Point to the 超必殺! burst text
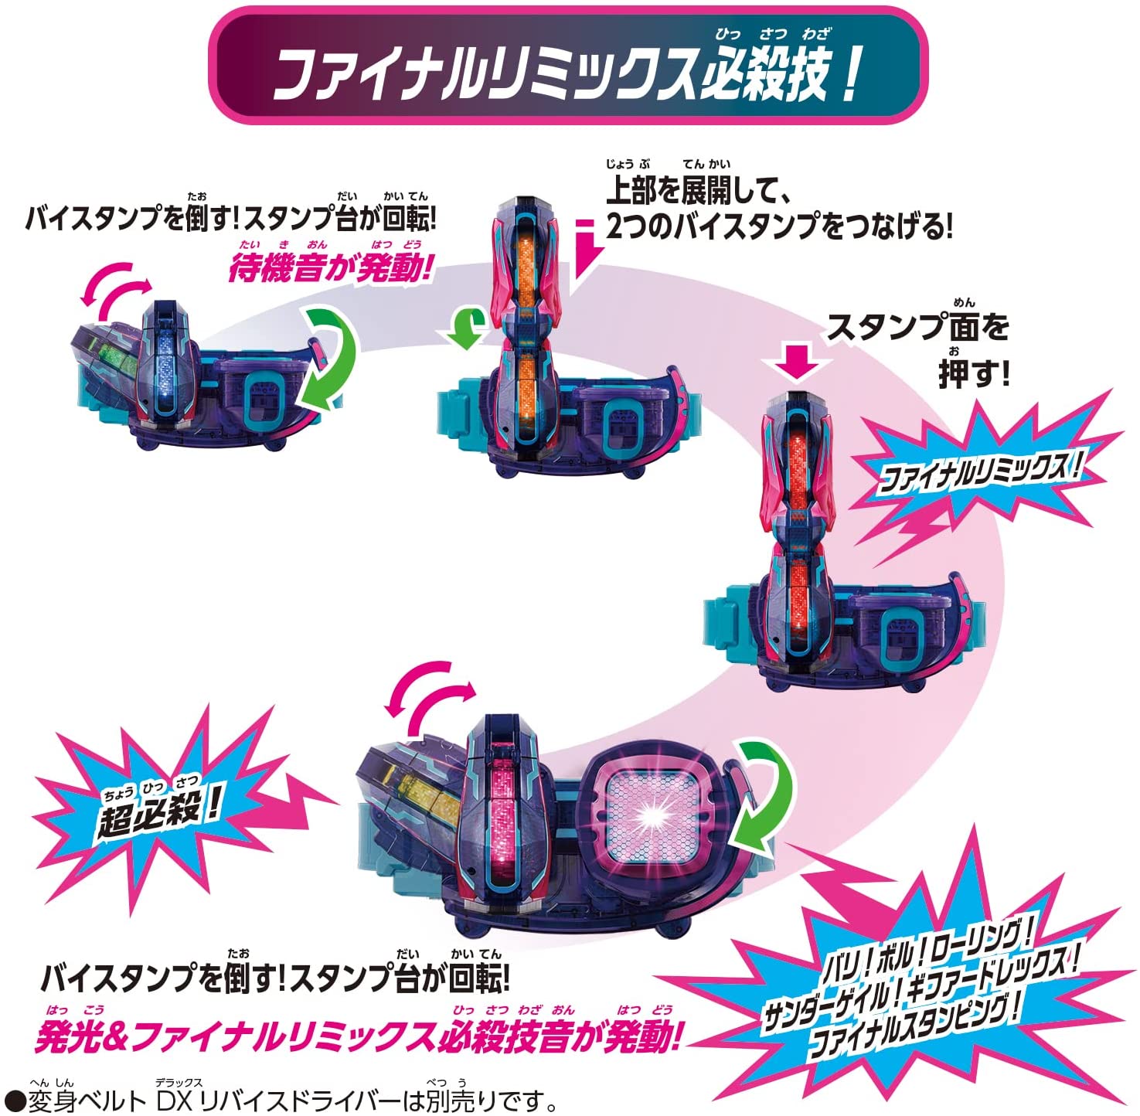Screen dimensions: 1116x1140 (158, 811)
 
